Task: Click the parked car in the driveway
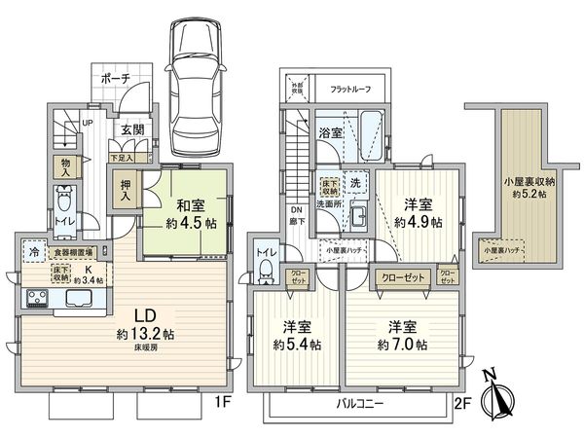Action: pos(199,87)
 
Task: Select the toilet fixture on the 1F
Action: pos(63,203)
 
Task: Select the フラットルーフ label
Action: pos(352,88)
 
